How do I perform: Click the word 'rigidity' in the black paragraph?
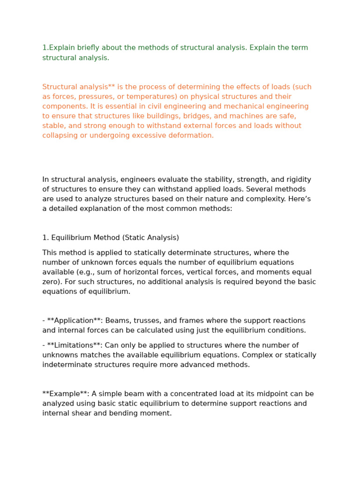pyautogui.click(x=297, y=180)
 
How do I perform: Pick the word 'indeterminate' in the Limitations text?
pyautogui.click(x=66, y=365)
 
